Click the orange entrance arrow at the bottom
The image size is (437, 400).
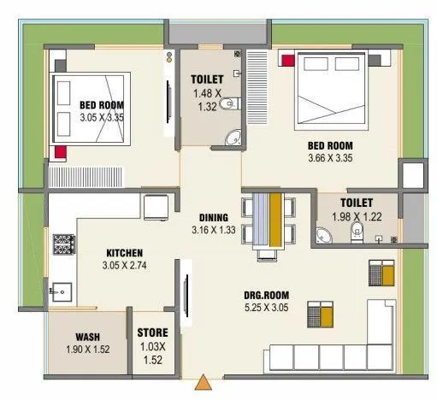pos(204,382)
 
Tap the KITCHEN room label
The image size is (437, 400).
pos(124,253)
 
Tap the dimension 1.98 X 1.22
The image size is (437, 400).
pos(356,218)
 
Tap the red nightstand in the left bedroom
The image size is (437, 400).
pos(60,152)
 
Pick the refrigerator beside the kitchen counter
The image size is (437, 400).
pos(156,207)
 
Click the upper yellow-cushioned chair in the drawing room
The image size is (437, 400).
pos(381,272)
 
